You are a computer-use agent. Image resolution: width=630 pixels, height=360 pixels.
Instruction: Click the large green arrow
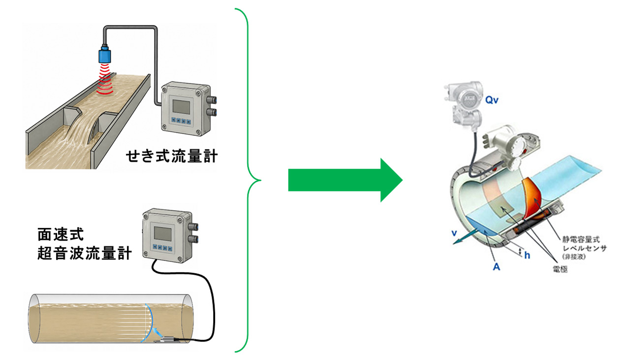pyautogui.click(x=346, y=180)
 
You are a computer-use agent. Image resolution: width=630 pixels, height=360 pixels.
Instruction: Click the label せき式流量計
pyautogui.click(x=172, y=157)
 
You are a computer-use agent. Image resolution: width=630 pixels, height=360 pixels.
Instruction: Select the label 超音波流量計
pyautogui.click(x=85, y=253)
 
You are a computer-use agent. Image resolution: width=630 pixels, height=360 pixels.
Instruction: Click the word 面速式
pyautogui.click(x=61, y=234)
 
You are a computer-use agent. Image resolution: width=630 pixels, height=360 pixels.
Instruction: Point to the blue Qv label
pyautogui.click(x=492, y=100)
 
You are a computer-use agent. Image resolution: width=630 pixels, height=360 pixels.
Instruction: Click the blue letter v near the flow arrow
pyautogui.click(x=454, y=233)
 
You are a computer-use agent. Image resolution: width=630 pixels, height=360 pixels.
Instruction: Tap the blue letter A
pyautogui.click(x=497, y=266)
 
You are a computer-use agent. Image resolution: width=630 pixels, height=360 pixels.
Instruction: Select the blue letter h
pyautogui.click(x=527, y=255)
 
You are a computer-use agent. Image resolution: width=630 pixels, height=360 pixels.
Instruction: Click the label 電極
pyautogui.click(x=560, y=269)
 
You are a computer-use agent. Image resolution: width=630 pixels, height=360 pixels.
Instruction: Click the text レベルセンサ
pyautogui.click(x=584, y=249)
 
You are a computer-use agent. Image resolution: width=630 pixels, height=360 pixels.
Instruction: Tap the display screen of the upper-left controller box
pyautogui.click(x=181, y=107)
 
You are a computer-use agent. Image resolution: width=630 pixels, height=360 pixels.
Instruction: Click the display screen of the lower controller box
pyautogui.click(x=162, y=233)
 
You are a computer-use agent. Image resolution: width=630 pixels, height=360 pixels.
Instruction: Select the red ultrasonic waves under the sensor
pyautogui.click(x=105, y=79)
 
